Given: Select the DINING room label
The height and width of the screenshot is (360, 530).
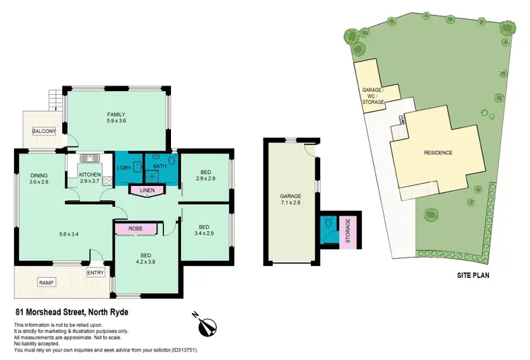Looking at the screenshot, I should pyautogui.click(x=38, y=176).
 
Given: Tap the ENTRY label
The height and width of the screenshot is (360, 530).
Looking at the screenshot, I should pyautogui.click(x=95, y=272).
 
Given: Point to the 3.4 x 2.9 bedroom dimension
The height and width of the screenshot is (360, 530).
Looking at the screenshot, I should pyautogui.click(x=206, y=232).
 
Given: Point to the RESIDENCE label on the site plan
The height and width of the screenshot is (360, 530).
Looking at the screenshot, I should pyautogui.click(x=437, y=153).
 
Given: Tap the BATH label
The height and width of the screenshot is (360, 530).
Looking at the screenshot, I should pyautogui.click(x=159, y=167).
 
